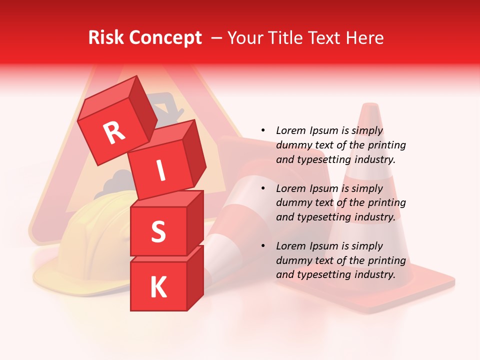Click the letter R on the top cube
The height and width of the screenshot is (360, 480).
(114, 133)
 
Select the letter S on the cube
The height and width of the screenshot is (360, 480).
(158, 231)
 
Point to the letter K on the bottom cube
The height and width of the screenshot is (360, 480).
(158, 287)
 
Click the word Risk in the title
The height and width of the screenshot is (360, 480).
(106, 38)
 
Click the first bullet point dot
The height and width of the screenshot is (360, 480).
(263, 130)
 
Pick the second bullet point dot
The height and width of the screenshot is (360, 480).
(263, 188)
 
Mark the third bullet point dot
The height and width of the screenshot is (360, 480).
(263, 246)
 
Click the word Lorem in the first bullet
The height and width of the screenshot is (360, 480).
(291, 130)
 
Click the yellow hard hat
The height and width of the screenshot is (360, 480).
(85, 240)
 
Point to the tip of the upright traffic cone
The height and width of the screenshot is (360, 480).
(370, 106)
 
